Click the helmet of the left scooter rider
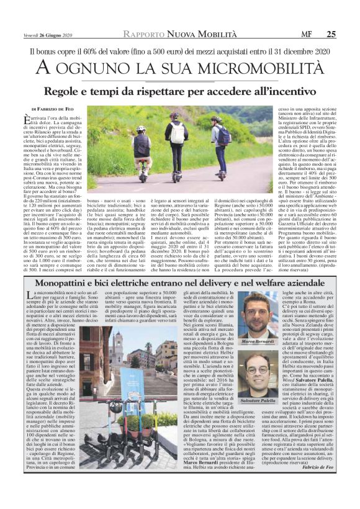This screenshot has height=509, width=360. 142,129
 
